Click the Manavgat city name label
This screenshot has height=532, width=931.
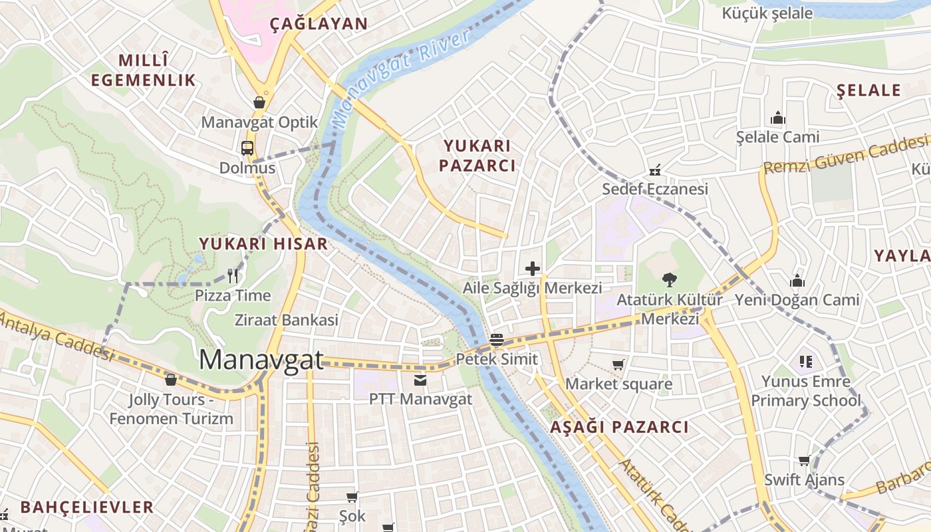[x=261, y=360]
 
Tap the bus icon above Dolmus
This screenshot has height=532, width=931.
[x=247, y=148]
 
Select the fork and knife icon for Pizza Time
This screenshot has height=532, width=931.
[x=233, y=275]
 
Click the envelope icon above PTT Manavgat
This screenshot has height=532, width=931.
[x=420, y=380]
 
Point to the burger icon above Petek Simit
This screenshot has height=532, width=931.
[x=496, y=340]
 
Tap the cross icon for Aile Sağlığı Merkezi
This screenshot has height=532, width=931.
[x=533, y=269]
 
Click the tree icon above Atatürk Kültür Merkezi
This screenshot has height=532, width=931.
[x=669, y=280]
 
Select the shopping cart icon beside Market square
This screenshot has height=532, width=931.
[x=618, y=364]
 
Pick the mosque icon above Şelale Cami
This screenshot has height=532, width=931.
[x=777, y=118]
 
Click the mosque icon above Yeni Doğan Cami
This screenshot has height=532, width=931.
[x=797, y=281]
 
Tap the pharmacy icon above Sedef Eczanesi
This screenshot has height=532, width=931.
[x=655, y=170]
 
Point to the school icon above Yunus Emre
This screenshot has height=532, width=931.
[x=806, y=362]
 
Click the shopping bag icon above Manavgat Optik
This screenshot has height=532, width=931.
[x=259, y=102]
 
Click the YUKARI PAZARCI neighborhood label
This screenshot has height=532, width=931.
[x=477, y=156]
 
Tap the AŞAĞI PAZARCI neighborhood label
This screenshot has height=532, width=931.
[x=619, y=427]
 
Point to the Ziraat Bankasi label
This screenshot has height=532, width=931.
[x=287, y=320]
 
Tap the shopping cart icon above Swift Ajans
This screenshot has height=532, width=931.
[x=804, y=460]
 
